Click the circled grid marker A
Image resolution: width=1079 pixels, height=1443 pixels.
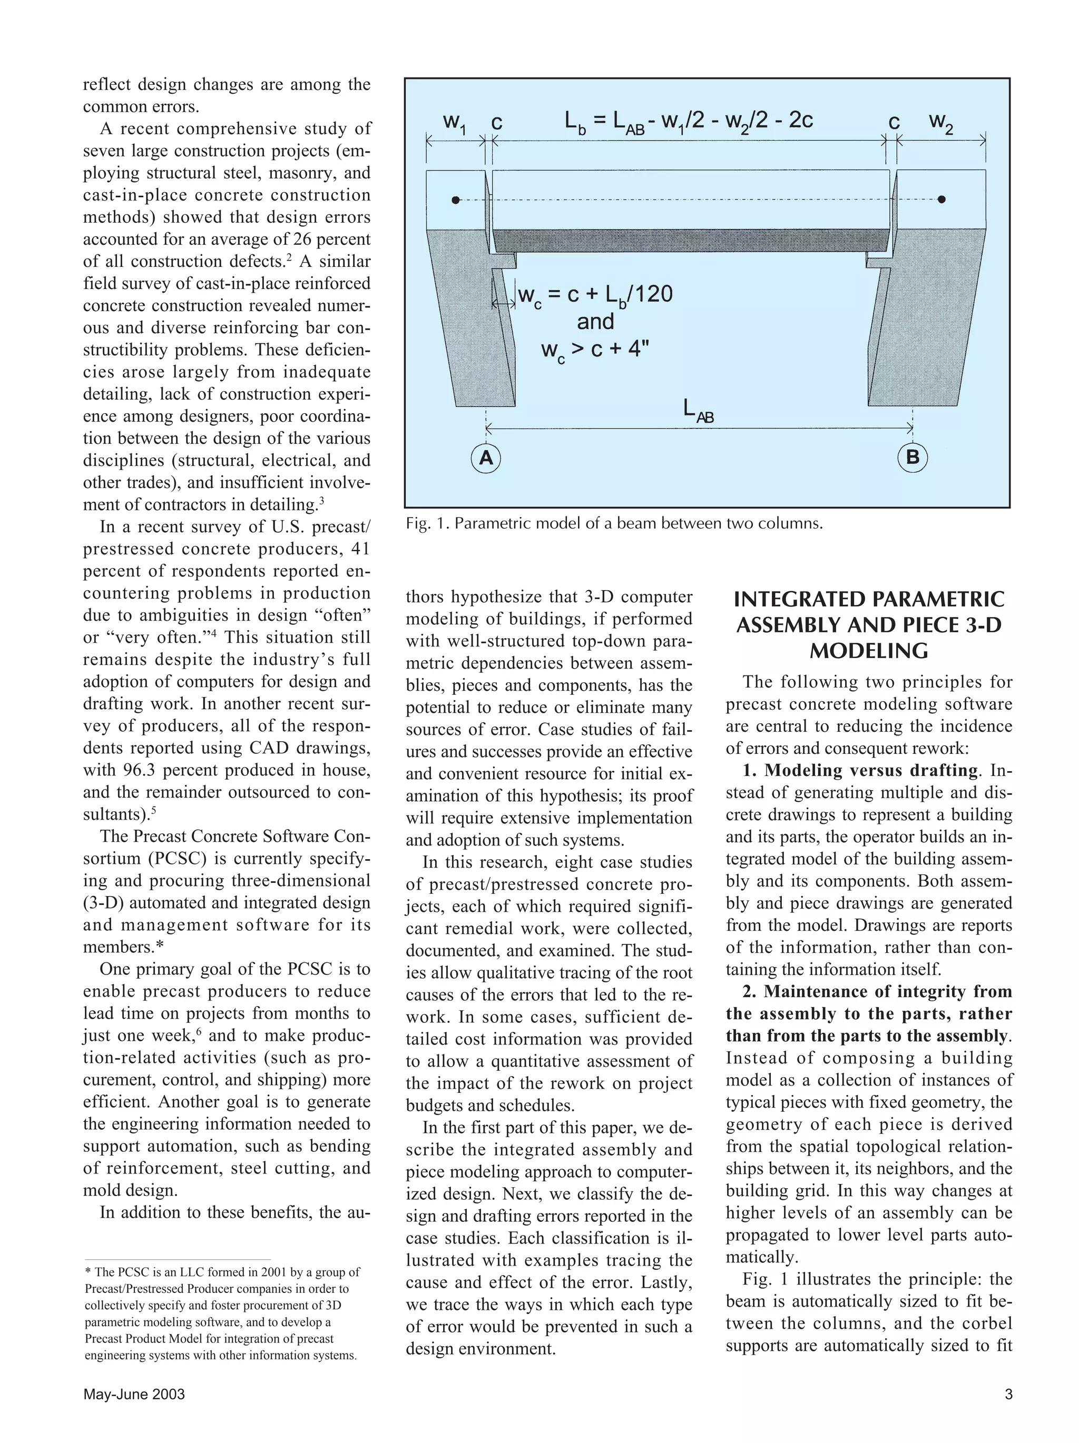[486, 458]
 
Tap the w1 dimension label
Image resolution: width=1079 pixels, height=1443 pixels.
[454, 122]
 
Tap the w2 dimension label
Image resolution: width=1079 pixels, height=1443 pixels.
[940, 122]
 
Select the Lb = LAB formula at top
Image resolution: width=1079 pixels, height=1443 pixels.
[688, 121]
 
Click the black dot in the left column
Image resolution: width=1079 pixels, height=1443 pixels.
[456, 200]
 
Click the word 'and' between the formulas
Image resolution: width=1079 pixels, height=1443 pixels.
[595, 322]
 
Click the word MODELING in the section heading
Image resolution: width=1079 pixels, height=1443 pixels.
[868, 651]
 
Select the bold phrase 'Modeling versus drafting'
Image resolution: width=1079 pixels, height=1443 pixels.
[871, 770]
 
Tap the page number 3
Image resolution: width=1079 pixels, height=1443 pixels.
[1008, 1395]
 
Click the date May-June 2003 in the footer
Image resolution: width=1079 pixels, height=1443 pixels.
[134, 1395]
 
